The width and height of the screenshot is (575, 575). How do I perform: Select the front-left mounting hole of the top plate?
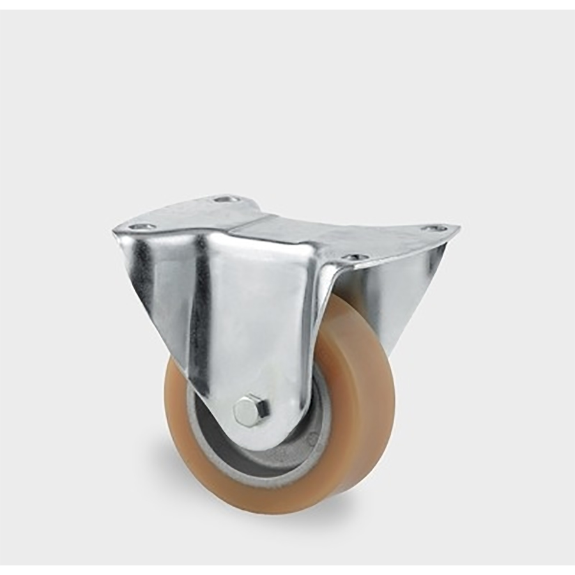[x=141, y=226]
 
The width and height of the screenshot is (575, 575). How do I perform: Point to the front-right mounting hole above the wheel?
[x=355, y=257]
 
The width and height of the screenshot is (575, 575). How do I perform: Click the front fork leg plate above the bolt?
[x=256, y=319]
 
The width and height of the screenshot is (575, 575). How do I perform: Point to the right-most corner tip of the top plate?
[x=457, y=227]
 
